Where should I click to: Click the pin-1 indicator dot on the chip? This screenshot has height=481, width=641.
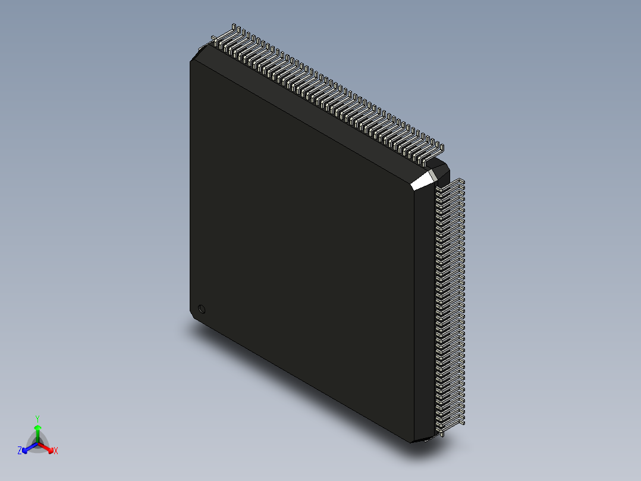[202, 309]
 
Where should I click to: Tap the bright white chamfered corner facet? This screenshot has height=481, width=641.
[425, 179]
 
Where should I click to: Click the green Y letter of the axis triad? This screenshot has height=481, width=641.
[37, 418]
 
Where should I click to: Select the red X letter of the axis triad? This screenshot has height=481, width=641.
[56, 451]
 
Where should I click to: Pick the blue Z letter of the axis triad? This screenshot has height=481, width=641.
[20, 451]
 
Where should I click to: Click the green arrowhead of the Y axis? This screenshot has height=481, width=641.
[37, 428]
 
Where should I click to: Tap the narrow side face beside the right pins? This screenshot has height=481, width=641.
[423, 310]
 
